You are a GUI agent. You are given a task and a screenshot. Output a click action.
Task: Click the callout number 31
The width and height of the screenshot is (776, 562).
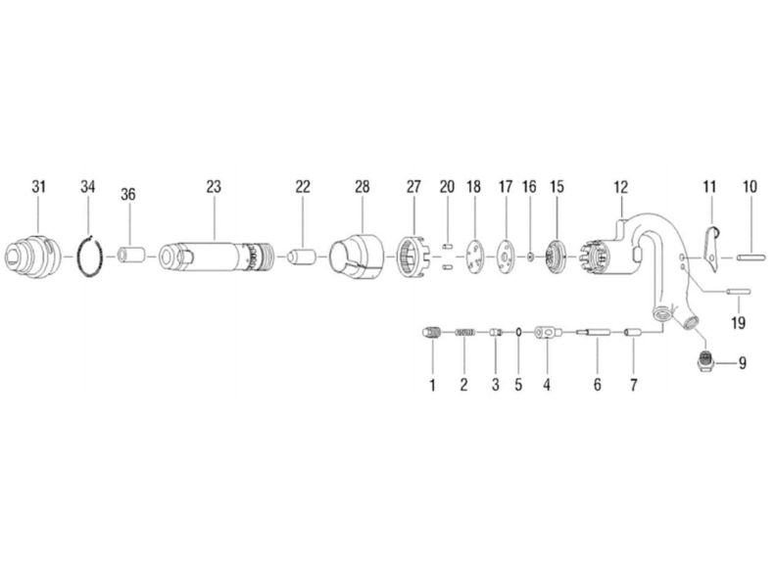[38, 186]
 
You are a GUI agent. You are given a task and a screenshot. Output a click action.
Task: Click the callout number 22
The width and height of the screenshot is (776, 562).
[303, 186]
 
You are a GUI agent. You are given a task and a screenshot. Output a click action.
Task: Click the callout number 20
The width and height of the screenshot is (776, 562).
[447, 186]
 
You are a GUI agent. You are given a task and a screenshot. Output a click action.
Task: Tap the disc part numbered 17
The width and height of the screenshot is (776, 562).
[506, 257]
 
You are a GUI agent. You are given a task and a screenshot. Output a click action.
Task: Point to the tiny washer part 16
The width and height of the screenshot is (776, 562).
[530, 257]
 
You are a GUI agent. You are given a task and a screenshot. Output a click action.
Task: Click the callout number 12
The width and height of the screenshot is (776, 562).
[619, 186]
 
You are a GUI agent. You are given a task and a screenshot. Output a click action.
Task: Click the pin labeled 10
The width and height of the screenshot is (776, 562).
[750, 258]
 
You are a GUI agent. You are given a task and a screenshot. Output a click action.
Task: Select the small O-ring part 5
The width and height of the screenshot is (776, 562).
[517, 335]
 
